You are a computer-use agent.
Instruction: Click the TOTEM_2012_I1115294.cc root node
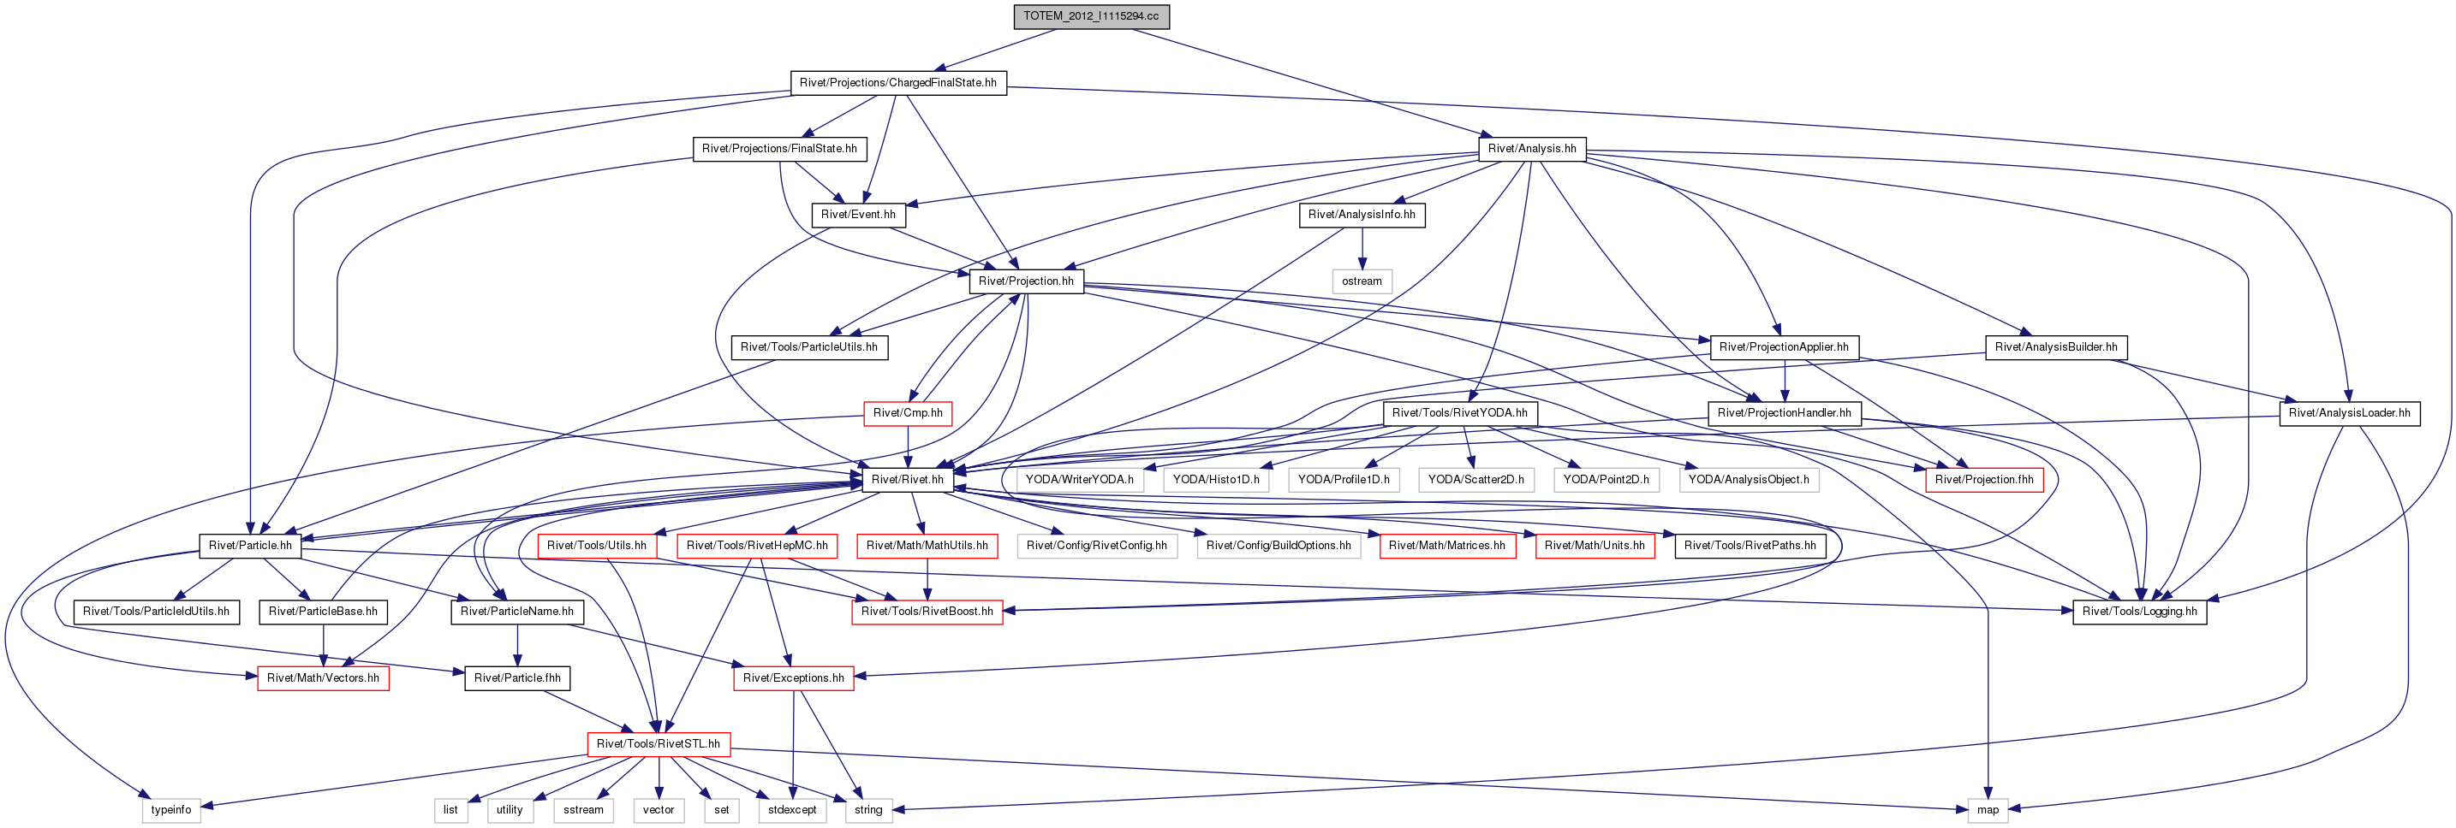click(1091, 16)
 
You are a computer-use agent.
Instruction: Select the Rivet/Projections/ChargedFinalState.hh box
click(898, 83)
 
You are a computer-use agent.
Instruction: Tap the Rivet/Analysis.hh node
click(1532, 149)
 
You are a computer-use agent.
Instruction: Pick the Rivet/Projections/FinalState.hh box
click(780, 149)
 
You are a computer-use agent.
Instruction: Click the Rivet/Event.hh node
click(858, 215)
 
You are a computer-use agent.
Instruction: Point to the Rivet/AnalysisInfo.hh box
click(1362, 215)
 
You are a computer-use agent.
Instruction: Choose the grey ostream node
click(1362, 281)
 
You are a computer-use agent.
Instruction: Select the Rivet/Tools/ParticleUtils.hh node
click(809, 346)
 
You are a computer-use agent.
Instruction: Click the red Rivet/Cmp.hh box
click(908, 412)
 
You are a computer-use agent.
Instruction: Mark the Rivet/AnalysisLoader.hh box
click(2349, 412)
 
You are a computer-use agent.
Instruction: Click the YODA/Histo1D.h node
click(1216, 479)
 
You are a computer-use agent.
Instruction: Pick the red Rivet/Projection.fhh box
click(1984, 479)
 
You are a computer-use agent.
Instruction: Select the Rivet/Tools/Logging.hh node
click(2139, 611)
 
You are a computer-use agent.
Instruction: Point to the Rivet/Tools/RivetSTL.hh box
click(659, 743)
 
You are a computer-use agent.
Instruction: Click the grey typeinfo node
click(171, 810)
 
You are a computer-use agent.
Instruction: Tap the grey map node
click(1988, 810)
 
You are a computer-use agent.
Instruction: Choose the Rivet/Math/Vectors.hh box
click(323, 677)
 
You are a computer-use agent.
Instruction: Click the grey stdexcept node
click(792, 810)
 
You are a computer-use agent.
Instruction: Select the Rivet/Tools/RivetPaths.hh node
click(1750, 545)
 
